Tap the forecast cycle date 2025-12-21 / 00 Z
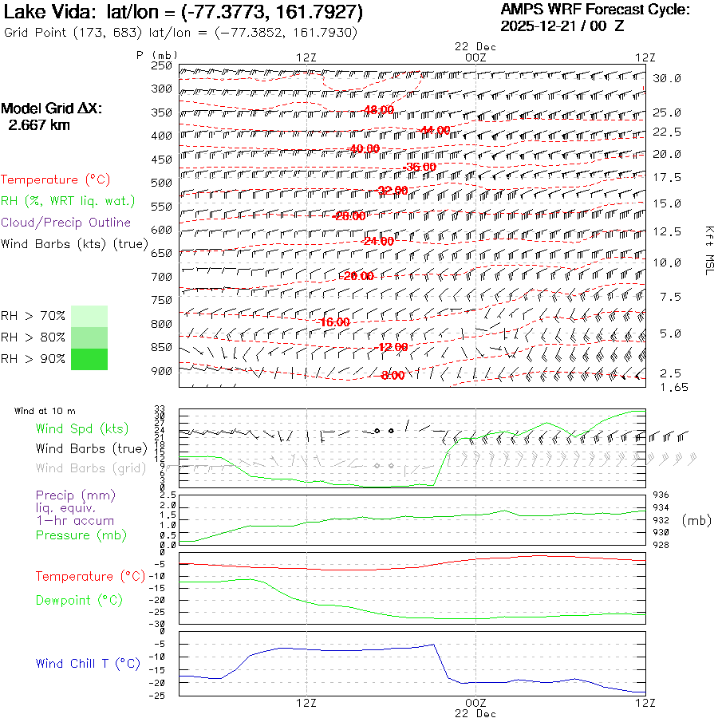click(562, 26)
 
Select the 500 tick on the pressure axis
click(162, 183)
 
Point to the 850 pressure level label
click(162, 347)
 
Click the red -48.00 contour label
click(378, 109)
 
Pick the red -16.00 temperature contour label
click(333, 322)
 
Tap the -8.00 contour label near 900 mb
click(393, 376)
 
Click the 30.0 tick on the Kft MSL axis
click(667, 78)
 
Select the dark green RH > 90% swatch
click(89, 359)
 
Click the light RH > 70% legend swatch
click(89, 316)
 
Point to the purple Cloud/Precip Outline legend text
click(66, 223)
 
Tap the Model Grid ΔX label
click(51, 108)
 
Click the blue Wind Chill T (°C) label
click(88, 663)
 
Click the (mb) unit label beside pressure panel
click(696, 520)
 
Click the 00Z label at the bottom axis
click(475, 703)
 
